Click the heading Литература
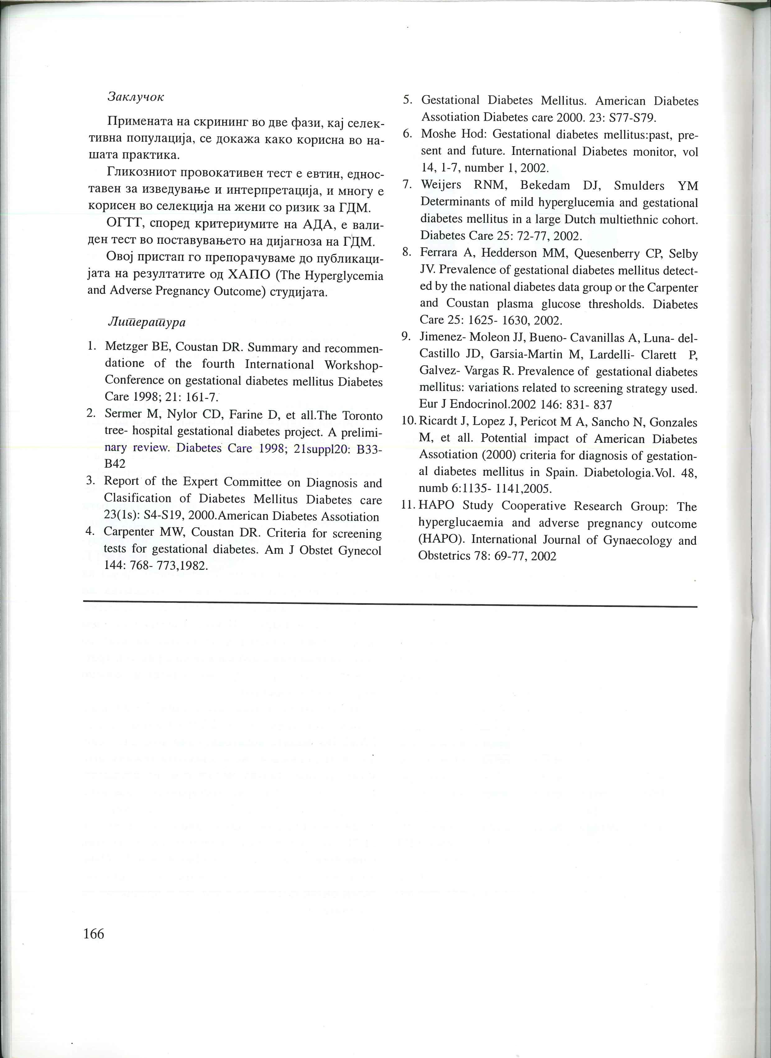[146, 322]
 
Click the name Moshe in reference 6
[439, 134]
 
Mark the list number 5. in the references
[408, 100]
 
